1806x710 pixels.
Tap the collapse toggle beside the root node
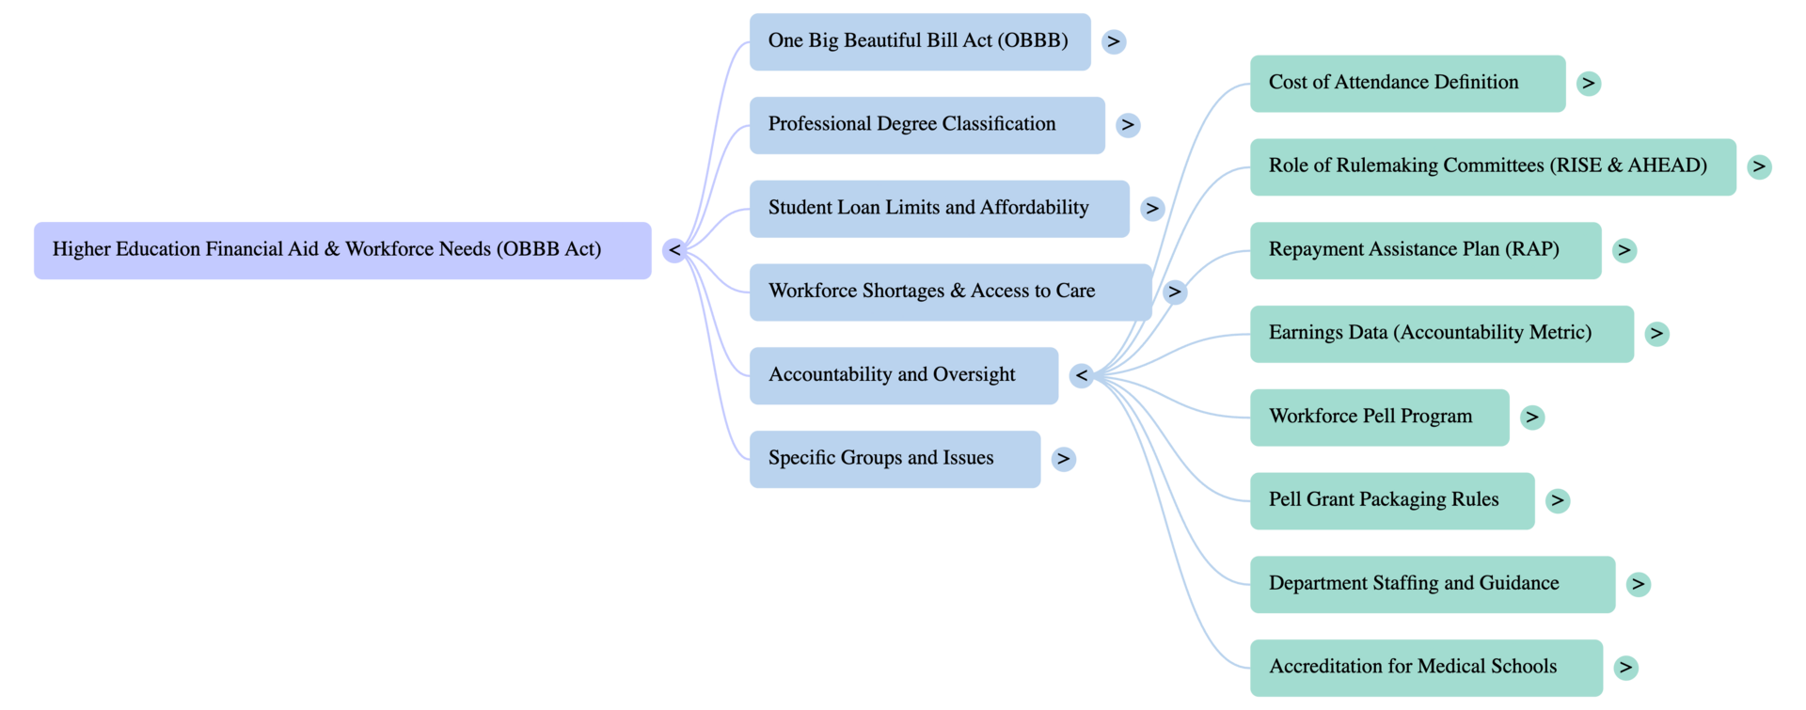click(674, 251)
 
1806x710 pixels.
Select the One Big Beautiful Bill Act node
click(919, 41)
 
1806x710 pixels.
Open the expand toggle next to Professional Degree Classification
click(1128, 125)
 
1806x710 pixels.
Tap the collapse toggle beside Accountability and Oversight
click(1082, 376)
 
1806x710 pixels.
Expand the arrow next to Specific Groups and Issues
click(1063, 459)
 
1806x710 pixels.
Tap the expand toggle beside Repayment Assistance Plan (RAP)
click(1624, 250)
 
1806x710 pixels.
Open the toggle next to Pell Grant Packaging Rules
click(1558, 500)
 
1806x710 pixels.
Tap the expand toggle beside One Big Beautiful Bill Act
click(1114, 41)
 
